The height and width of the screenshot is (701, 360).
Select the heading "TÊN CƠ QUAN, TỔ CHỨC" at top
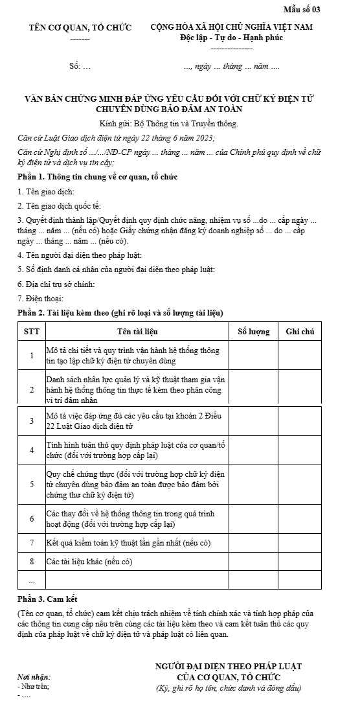click(80, 28)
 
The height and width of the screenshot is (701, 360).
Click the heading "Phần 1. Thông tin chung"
click(97, 177)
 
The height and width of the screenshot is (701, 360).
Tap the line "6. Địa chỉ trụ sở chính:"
click(57, 284)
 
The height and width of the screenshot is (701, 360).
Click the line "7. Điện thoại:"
click(40, 298)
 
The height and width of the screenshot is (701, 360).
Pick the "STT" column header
click(31, 332)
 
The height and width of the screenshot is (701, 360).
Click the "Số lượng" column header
click(253, 332)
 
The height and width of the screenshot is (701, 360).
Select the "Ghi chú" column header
click(300, 332)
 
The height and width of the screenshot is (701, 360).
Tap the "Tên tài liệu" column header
click(137, 332)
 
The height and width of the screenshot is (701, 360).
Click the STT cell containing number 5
click(31, 483)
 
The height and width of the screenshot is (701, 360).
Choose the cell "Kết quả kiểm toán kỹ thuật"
click(129, 542)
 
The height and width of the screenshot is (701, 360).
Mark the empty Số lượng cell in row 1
click(253, 356)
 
